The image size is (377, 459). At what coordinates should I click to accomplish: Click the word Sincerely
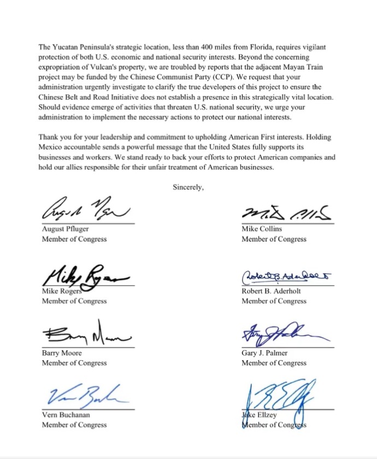coord(188,187)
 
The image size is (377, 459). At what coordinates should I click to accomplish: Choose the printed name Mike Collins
coord(262,229)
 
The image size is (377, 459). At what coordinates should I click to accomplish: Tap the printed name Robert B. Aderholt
coord(271,291)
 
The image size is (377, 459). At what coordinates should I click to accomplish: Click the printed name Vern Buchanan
coord(66,415)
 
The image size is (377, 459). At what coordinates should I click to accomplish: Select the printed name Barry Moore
coord(62,353)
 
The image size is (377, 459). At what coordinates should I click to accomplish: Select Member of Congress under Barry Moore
coord(74,363)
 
